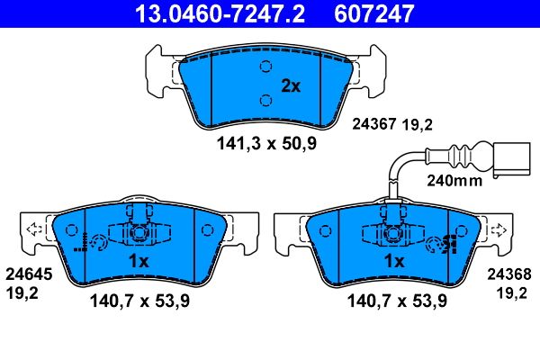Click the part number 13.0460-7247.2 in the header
(x=220, y=13)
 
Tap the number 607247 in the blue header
(x=374, y=13)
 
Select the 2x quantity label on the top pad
(x=291, y=86)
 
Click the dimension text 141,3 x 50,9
(x=266, y=143)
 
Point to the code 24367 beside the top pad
(x=374, y=124)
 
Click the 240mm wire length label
(x=454, y=180)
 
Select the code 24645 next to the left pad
(x=29, y=274)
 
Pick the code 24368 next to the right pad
(x=509, y=274)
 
